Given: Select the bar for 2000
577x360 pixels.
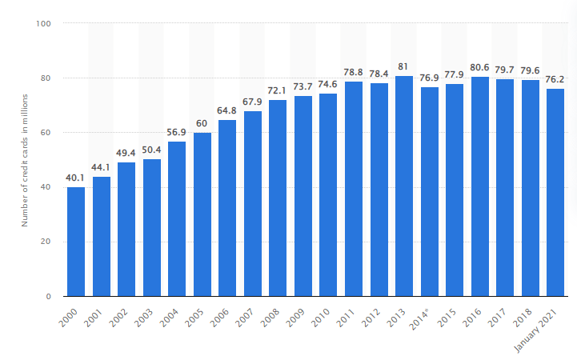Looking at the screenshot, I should (76, 242).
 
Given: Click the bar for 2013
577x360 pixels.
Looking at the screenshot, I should (404, 186).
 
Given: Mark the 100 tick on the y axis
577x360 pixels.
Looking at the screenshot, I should (44, 24).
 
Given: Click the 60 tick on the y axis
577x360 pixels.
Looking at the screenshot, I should (46, 133).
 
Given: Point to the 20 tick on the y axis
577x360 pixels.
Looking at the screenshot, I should (46, 242).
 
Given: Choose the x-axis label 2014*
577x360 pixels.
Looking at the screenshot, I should (431, 316).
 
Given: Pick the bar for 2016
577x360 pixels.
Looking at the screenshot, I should (480, 187).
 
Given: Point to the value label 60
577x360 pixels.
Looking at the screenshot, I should (202, 125).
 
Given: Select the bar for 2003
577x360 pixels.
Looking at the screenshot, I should (152, 228).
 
